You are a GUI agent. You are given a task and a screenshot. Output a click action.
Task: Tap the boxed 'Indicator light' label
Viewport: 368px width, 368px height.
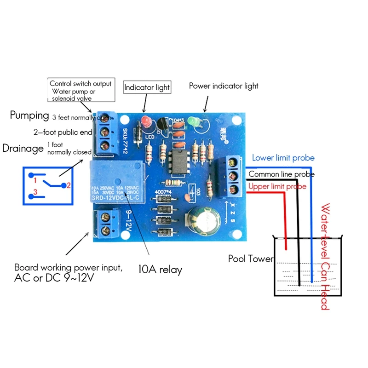(147, 87)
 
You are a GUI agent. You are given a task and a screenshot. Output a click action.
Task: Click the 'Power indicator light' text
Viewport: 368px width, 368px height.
(224, 86)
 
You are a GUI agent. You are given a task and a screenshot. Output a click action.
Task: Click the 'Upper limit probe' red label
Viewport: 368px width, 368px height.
(277, 186)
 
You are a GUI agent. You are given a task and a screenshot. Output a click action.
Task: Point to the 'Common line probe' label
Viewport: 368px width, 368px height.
(282, 174)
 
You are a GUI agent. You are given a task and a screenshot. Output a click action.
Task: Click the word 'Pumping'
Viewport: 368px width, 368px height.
(29, 115)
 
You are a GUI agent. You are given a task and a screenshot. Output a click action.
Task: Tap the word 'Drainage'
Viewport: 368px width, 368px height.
(22, 148)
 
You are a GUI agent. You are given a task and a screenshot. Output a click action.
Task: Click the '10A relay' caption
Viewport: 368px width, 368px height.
(160, 270)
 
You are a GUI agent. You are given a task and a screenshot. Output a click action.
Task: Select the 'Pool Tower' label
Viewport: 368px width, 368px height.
(251, 259)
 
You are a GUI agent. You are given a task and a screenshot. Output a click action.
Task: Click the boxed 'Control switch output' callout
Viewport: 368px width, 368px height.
(80, 91)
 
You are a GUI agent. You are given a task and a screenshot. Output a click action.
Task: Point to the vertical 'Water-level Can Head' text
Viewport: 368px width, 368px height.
(326, 256)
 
